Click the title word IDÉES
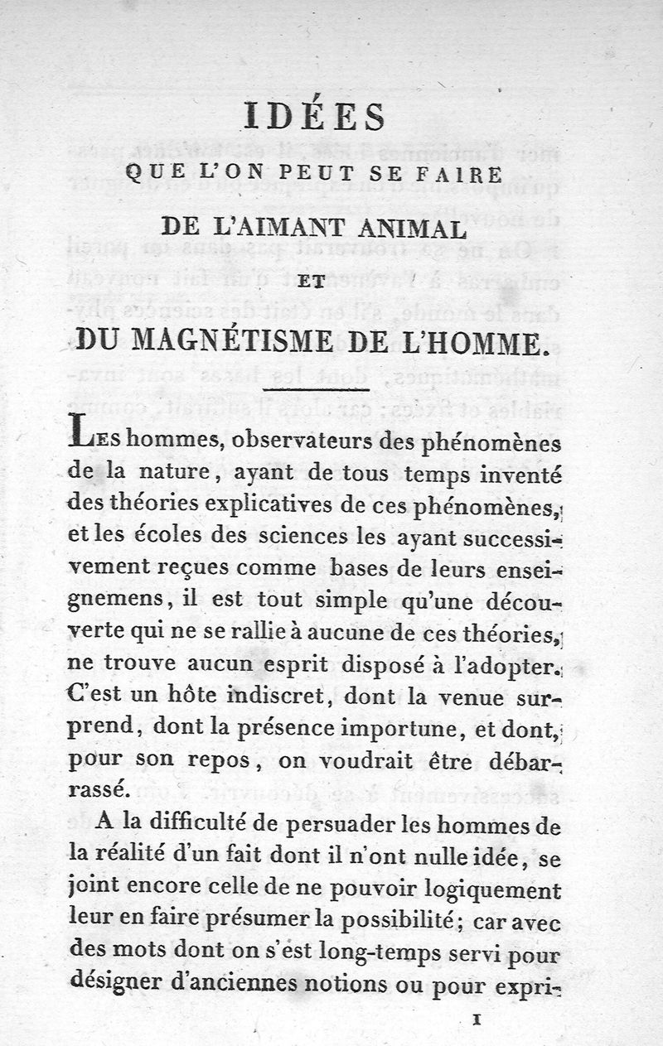click(315, 116)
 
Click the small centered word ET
click(315, 282)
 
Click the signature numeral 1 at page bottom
click(476, 1019)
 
